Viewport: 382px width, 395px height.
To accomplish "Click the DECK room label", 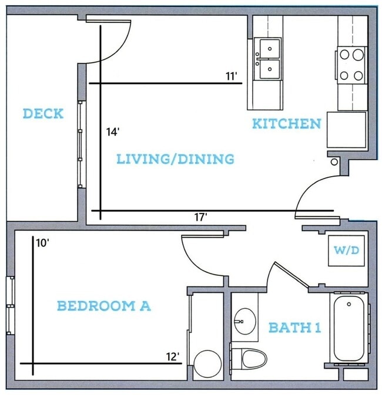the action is [x=43, y=114].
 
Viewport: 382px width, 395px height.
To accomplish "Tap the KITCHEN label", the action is [x=287, y=124].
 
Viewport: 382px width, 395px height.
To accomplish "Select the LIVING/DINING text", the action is [x=175, y=159].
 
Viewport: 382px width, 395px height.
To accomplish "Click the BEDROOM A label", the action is [x=104, y=306].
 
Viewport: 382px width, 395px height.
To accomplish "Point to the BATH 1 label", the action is [x=294, y=328].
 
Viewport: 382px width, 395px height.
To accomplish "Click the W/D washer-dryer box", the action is [x=346, y=251].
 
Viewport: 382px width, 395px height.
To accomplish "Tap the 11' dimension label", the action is [x=232, y=76].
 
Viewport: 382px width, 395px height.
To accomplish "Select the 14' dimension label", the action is [x=112, y=132].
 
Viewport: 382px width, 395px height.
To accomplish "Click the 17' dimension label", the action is [x=200, y=217].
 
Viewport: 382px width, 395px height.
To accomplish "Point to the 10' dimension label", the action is [x=42, y=244].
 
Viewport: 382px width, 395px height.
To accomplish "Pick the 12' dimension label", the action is [x=173, y=357].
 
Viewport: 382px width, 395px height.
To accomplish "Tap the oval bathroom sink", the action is [x=245, y=322].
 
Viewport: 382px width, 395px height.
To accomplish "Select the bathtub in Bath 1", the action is [x=349, y=328].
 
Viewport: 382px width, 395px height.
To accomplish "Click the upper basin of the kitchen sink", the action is [x=270, y=49].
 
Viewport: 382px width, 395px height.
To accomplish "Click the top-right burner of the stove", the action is [x=358, y=55].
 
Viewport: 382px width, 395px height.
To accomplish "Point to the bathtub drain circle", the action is [x=349, y=304].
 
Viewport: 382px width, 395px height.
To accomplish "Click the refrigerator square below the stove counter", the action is [x=346, y=130].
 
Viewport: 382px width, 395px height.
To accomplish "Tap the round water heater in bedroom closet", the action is [x=207, y=363].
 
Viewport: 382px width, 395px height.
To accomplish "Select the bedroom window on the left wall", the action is [x=11, y=306].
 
